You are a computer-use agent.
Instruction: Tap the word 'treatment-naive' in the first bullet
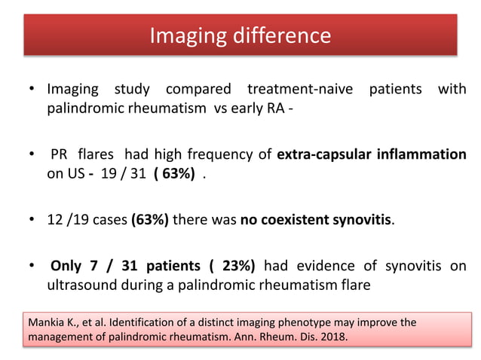click(x=297, y=89)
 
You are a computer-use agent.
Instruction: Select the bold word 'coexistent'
click(x=302, y=220)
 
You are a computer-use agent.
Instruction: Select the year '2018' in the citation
click(x=332, y=337)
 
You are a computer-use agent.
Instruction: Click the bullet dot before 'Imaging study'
click(x=33, y=89)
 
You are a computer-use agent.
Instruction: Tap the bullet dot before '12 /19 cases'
click(x=33, y=220)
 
